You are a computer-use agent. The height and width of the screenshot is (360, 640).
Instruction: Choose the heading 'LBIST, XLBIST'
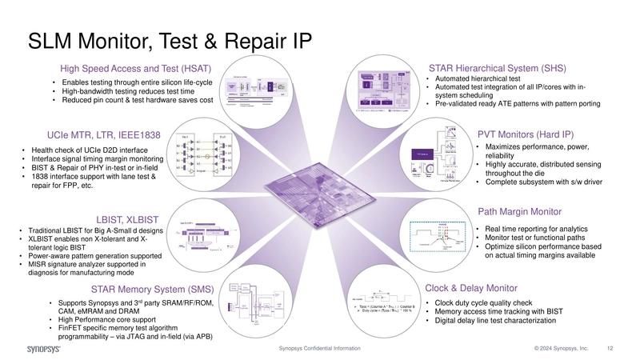point(127,218)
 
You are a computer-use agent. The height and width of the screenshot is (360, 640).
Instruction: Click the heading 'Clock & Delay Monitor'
point(471,287)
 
